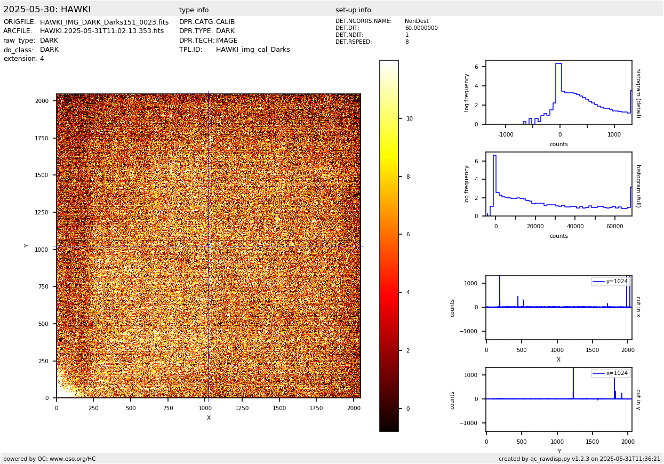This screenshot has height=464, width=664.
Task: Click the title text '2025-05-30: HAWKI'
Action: pyautogui.click(x=47, y=10)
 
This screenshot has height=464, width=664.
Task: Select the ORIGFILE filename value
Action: pyautogui.click(x=104, y=22)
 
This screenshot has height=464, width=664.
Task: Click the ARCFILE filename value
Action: pyautogui.click(x=102, y=31)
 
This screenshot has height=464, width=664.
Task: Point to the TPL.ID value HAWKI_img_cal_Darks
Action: pyautogui.click(x=253, y=50)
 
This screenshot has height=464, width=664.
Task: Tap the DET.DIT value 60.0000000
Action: pyautogui.click(x=421, y=28)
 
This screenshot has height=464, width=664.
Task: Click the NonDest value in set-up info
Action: pyautogui.click(x=417, y=21)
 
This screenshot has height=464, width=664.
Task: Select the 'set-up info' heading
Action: pyautogui.click(x=353, y=10)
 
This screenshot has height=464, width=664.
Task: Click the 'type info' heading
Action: pyautogui.click(x=194, y=10)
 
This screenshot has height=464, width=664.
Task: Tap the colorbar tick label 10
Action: pyautogui.click(x=410, y=119)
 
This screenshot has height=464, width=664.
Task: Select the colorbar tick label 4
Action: pyautogui.click(x=408, y=293)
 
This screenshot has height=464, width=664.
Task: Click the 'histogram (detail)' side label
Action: pyautogui.click(x=638, y=93)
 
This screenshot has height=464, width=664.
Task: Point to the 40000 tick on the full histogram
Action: pyautogui.click(x=575, y=226)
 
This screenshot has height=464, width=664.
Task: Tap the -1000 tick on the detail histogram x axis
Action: pyautogui.click(x=506, y=135)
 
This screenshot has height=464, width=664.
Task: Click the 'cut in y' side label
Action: pyautogui.click(x=638, y=399)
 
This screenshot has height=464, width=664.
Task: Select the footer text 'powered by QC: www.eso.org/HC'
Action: pyautogui.click(x=50, y=459)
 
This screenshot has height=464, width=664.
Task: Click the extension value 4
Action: pyautogui.click(x=42, y=59)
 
